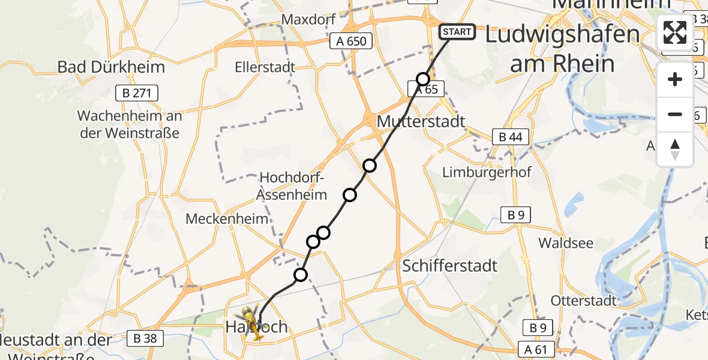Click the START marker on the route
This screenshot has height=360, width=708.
[458, 32]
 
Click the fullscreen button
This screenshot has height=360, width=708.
[675, 32]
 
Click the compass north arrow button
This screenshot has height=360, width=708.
[675, 149]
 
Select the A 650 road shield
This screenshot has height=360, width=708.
[352, 41]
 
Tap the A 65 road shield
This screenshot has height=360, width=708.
[427, 90]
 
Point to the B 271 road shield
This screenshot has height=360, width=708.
[137, 93]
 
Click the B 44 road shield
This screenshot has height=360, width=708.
[510, 137]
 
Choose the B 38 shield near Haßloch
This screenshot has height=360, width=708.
[143, 338]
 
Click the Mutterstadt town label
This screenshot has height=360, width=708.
[421, 122]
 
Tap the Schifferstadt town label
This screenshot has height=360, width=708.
[450, 265]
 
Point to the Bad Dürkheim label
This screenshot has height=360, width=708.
[111, 67]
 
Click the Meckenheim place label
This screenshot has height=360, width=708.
[227, 218]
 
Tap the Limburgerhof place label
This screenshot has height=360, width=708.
[487, 172]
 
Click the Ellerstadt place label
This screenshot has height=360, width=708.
[265, 67]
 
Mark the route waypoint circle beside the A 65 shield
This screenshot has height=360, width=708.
[423, 79]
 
